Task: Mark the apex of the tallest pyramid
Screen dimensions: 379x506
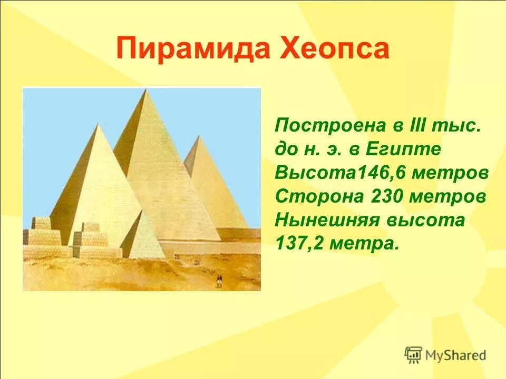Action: (x=144, y=91)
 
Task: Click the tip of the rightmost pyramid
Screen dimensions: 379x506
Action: (x=199, y=136)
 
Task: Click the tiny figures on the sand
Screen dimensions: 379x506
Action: (x=218, y=283)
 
